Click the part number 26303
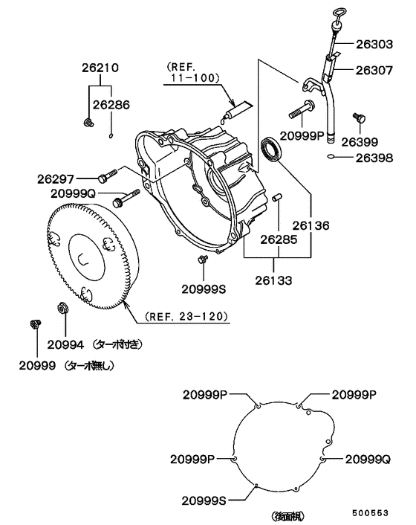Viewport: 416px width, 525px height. point(374,44)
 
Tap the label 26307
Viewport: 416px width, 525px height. point(374,70)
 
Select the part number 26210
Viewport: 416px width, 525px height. point(100,68)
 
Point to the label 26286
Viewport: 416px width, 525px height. point(111,105)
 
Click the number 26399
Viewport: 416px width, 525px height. point(360,142)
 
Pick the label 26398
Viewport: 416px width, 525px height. point(374,158)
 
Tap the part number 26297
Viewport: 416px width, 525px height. point(56,179)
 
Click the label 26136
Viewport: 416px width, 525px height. point(311,225)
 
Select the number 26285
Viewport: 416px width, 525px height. point(279,239)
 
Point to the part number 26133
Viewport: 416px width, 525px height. point(273,280)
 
